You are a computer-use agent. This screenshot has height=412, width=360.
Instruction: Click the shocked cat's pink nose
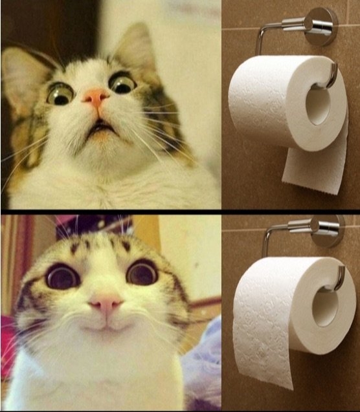(96, 98)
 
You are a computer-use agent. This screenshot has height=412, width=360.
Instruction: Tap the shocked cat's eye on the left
(60, 93)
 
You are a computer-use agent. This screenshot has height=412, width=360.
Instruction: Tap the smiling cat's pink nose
(106, 302)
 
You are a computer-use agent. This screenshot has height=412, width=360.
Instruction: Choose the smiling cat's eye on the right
(142, 272)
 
